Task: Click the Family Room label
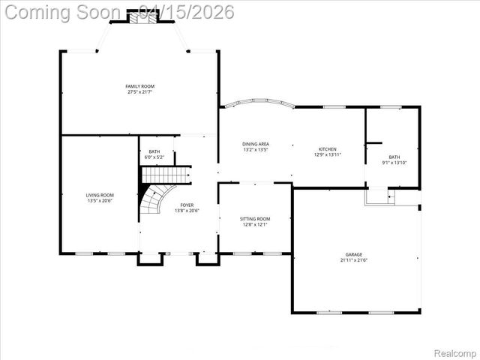tap(139, 87)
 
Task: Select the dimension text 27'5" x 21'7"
tap(139, 93)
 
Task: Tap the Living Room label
tap(100, 195)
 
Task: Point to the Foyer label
tap(187, 205)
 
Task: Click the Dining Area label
tap(256, 144)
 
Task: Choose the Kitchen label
tap(327, 149)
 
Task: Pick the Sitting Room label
tap(255, 219)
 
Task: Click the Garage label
tap(355, 254)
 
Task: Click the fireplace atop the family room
tap(140, 16)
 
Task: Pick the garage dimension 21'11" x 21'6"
tap(355, 260)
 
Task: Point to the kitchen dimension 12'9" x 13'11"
tap(327, 155)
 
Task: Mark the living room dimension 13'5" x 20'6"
tap(100, 201)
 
